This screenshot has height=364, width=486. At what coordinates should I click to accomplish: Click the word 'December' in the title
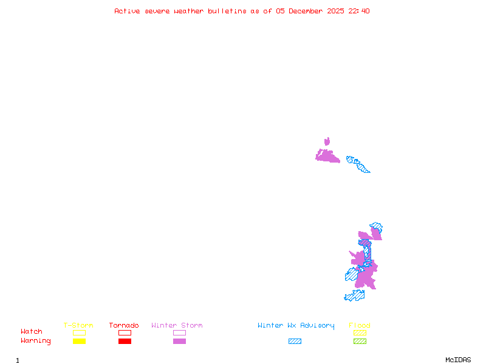(308, 11)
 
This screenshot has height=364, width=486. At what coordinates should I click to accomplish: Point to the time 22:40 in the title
(358, 11)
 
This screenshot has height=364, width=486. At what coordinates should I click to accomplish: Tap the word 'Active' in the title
(128, 11)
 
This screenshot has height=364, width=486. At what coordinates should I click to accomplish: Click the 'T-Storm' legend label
(78, 325)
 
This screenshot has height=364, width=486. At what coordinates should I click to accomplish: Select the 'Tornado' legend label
(124, 325)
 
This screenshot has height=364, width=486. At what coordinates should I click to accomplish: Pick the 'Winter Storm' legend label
(177, 325)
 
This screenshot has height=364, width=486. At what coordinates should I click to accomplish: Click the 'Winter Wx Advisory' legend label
(296, 325)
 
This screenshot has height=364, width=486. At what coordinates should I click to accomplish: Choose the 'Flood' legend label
(360, 325)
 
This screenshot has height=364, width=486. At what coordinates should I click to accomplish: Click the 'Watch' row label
(32, 332)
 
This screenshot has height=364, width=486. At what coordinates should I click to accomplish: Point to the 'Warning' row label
(36, 341)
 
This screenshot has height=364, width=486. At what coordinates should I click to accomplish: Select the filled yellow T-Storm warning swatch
(79, 342)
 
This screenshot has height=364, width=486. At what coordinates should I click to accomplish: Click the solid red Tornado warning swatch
(125, 342)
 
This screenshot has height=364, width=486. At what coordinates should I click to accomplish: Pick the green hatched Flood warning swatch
(360, 342)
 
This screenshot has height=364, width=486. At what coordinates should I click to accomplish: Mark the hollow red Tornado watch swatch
(125, 332)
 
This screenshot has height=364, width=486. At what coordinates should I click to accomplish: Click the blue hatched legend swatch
(295, 342)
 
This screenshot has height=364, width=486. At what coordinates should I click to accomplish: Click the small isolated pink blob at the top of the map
(327, 141)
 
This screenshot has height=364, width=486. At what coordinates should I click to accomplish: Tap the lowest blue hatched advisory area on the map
(355, 296)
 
